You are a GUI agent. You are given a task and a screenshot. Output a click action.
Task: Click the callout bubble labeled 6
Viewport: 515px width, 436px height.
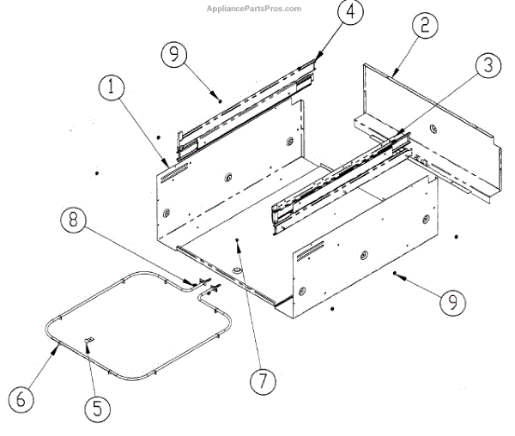(21, 397)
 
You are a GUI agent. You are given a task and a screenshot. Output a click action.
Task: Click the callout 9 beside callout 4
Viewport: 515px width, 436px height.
(174, 54)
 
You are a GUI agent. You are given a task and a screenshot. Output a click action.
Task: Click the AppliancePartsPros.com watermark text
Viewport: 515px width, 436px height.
(255, 9)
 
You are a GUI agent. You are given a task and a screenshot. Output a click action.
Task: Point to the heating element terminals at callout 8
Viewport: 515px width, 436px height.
(209, 283)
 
